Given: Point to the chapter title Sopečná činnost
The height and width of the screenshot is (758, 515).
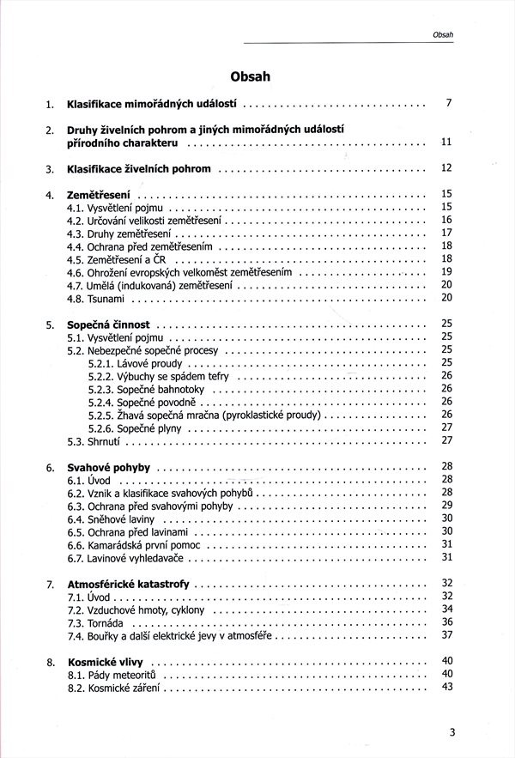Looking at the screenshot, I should pyautogui.click(x=108, y=325).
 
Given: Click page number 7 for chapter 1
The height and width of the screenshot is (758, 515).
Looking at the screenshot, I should pyautogui.click(x=448, y=104).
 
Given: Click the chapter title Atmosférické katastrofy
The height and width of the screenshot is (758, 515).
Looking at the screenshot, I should pyautogui.click(x=129, y=584).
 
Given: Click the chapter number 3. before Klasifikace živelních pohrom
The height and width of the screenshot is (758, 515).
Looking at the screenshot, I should pyautogui.click(x=51, y=169).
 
